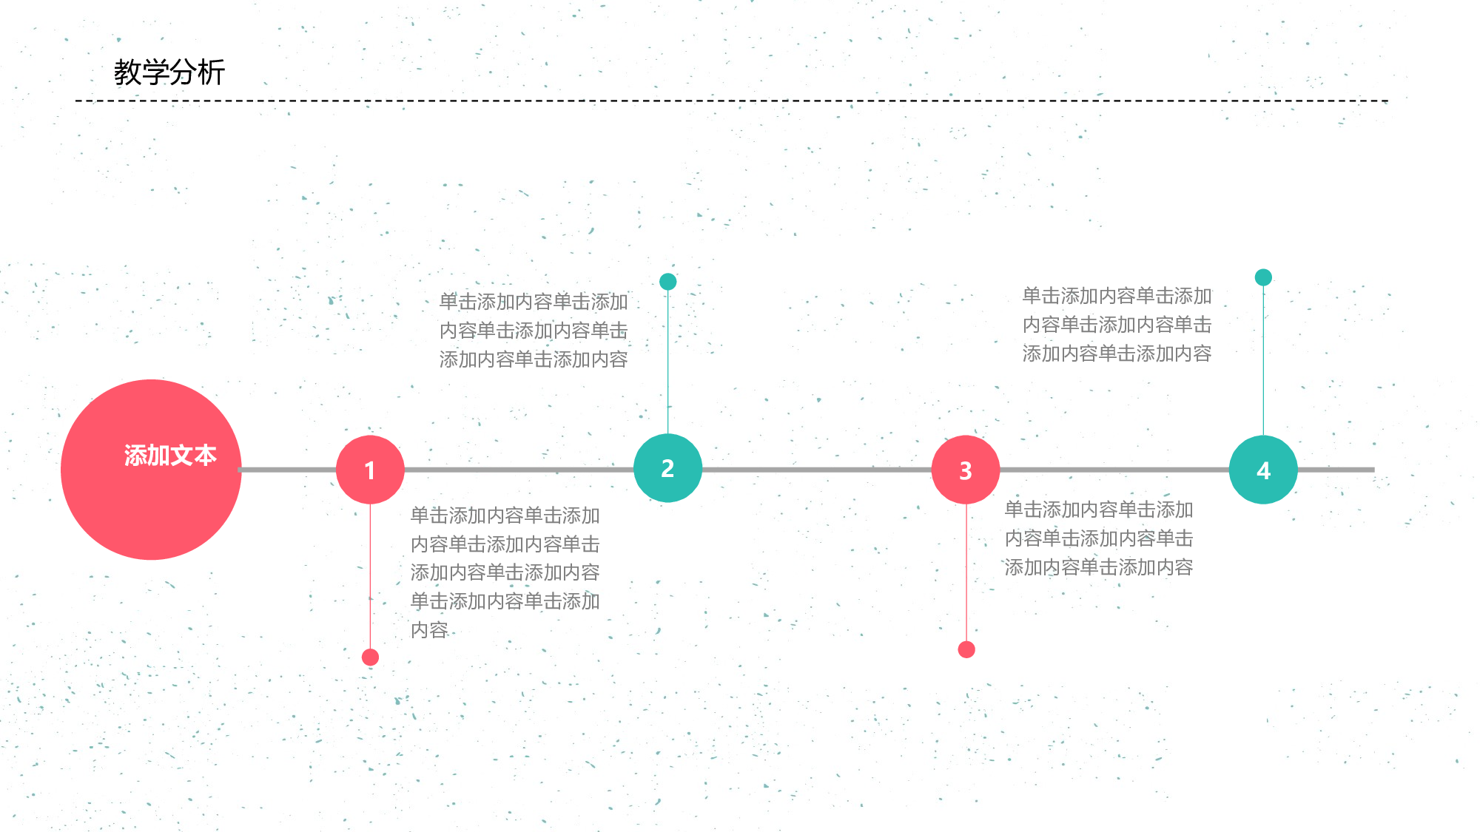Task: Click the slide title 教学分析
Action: [169, 72]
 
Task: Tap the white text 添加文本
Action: [170, 455]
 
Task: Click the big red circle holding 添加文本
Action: [151, 470]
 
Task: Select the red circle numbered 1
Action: [370, 470]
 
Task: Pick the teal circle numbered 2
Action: [667, 468]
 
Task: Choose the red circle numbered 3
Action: [966, 470]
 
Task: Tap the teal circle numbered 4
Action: [1263, 470]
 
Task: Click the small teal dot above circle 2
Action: [667, 281]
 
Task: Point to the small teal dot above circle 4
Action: [1263, 277]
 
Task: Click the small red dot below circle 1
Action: [370, 657]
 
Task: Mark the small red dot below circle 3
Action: [966, 649]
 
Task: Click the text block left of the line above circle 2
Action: [534, 331]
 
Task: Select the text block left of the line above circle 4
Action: [1117, 325]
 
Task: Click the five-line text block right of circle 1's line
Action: [505, 572]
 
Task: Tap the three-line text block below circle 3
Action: [1099, 538]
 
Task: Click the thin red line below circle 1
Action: [370, 577]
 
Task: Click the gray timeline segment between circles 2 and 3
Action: [817, 470]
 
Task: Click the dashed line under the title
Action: [732, 101]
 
